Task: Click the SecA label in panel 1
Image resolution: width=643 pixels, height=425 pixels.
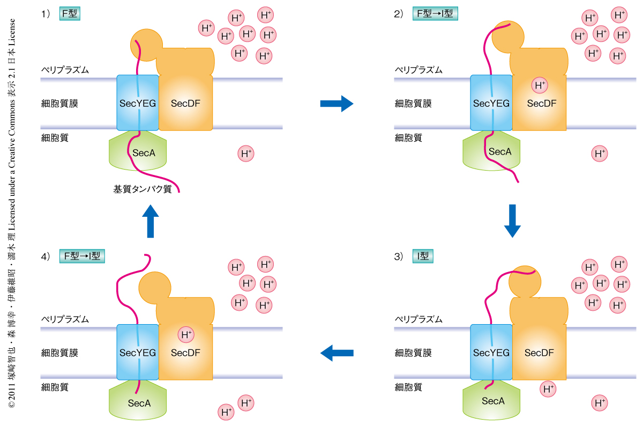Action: click(x=144, y=153)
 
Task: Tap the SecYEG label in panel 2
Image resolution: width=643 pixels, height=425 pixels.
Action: click(x=491, y=104)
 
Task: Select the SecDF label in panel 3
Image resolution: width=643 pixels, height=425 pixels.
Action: click(x=539, y=353)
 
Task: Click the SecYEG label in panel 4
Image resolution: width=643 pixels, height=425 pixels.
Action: click(x=138, y=353)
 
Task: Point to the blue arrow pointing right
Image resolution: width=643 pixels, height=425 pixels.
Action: click(x=337, y=103)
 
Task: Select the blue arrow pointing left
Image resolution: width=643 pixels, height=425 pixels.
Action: click(x=337, y=353)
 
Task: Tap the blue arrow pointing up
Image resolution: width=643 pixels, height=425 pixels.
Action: click(x=151, y=221)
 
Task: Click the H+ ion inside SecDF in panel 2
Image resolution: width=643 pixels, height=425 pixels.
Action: click(x=540, y=85)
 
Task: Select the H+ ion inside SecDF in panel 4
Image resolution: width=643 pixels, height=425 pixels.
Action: click(x=186, y=335)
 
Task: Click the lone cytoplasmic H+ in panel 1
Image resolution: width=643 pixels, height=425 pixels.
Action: click(x=246, y=154)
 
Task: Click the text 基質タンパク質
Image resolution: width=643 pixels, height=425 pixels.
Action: click(x=142, y=189)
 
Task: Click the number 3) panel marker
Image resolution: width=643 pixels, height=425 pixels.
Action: click(x=399, y=257)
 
